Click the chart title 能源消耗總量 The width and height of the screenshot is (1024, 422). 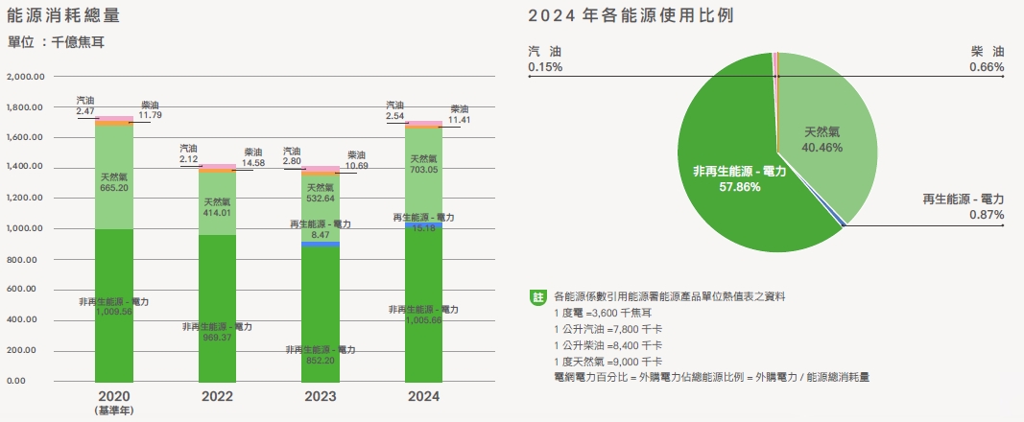tap(63, 16)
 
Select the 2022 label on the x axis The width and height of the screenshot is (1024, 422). tap(217, 396)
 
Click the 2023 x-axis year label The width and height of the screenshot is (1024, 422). tap(320, 396)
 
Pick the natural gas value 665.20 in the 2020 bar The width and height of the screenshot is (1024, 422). tap(115, 189)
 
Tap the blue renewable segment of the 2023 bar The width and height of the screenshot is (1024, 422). tap(321, 245)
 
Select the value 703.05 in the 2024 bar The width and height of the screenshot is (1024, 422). tap(423, 170)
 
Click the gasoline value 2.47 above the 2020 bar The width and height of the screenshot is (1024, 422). tap(85, 111)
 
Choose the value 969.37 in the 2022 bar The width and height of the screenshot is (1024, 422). tap(218, 339)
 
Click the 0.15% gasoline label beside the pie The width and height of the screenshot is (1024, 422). tap(545, 68)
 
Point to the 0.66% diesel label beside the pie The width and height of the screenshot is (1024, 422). tap(988, 68)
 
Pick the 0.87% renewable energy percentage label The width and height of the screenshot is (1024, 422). tap(988, 216)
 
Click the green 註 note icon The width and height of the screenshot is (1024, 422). tap(537, 296)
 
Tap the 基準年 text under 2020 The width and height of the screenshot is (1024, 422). tap(115, 410)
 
